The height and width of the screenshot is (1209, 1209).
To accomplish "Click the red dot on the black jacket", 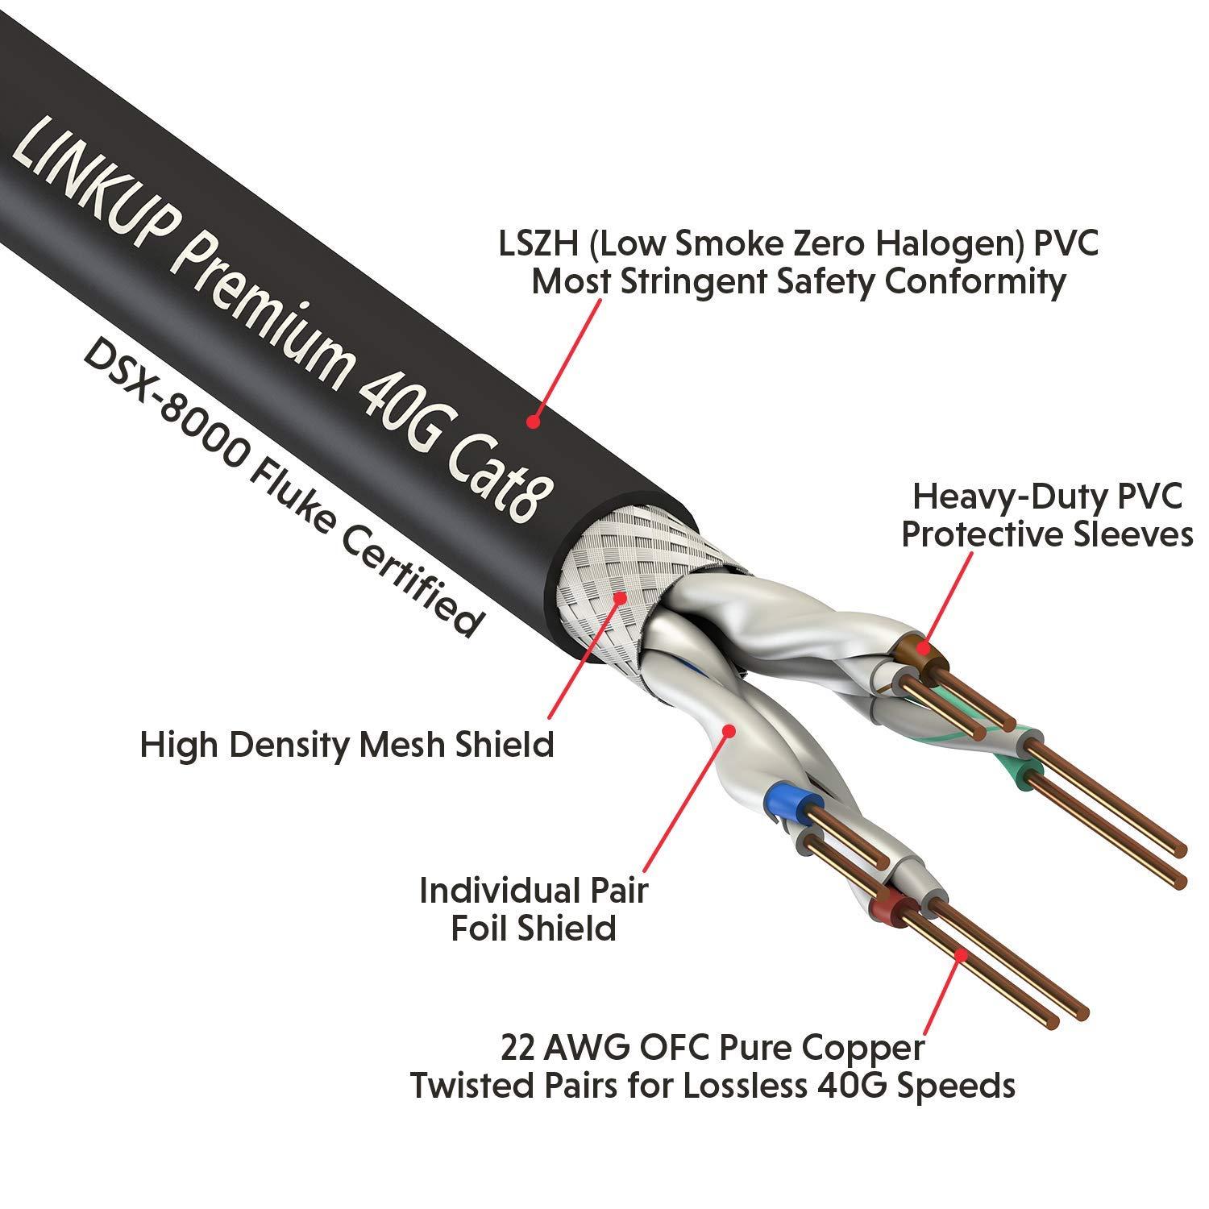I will (533, 421).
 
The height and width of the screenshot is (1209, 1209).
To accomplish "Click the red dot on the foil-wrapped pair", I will (729, 730).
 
